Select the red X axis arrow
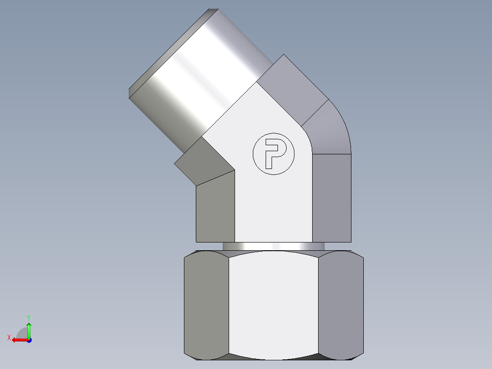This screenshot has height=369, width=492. (18, 340)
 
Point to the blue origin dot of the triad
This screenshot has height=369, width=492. (29, 340)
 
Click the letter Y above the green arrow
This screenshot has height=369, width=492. (28, 317)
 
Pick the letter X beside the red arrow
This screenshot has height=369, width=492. (9, 337)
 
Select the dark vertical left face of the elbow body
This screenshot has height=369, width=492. (215, 210)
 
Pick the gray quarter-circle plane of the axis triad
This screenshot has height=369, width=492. (22, 332)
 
